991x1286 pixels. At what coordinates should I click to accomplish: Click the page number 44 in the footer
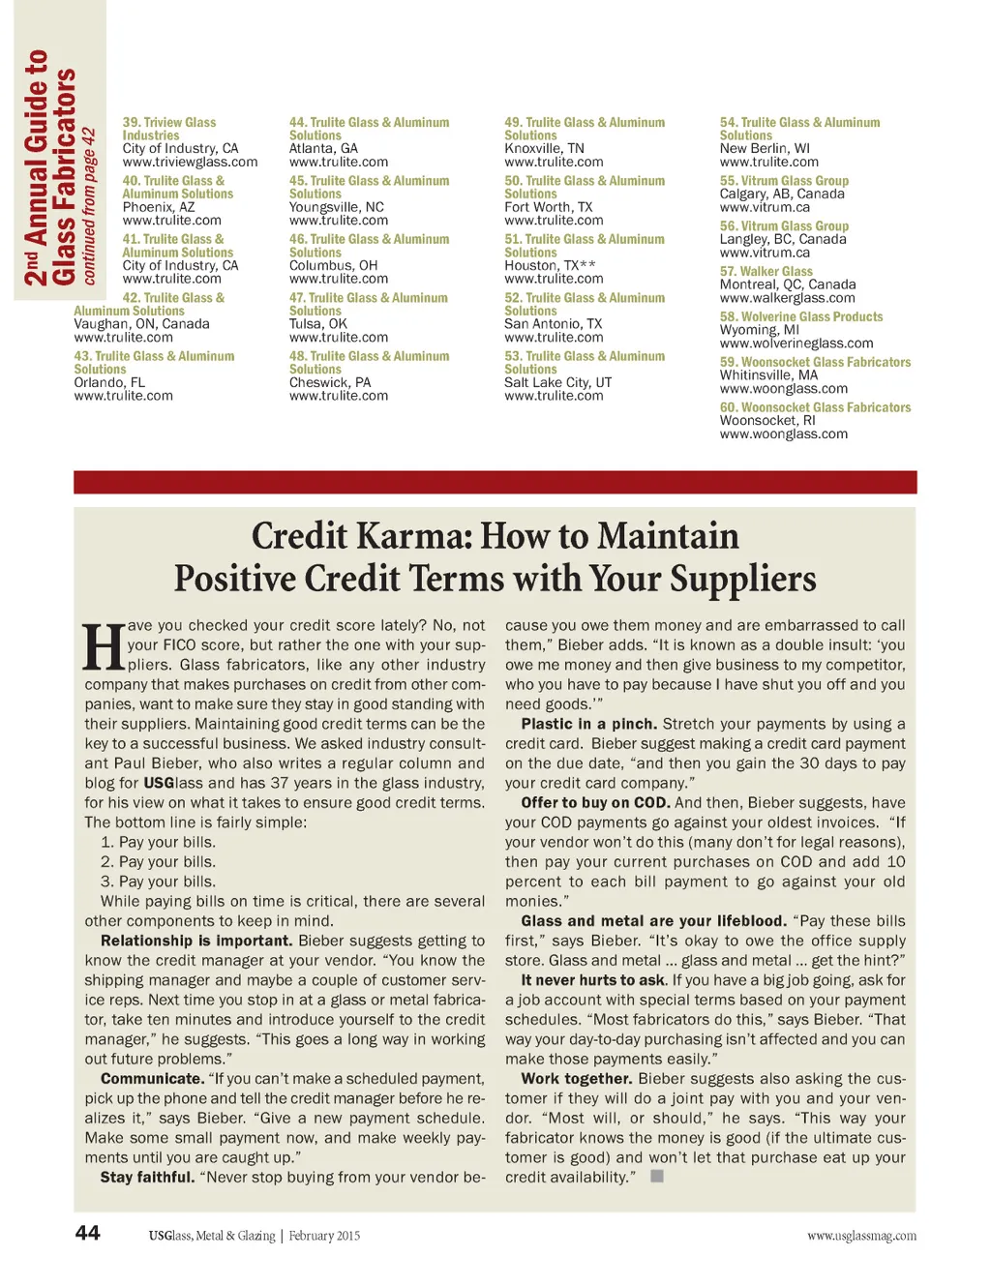pos(88,1233)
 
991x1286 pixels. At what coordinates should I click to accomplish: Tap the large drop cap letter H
pos(103,648)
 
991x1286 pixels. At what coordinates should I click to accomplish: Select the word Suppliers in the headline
pos(742,579)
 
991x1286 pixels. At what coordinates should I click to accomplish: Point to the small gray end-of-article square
pos(657,1177)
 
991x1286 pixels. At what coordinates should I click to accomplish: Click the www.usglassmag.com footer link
pos(861,1236)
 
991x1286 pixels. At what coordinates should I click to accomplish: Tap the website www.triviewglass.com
pos(190,163)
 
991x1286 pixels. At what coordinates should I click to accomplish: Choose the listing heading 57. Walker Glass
pos(766,272)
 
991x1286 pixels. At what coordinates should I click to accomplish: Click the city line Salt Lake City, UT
pos(557,383)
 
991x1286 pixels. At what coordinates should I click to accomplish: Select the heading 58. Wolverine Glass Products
pos(800,317)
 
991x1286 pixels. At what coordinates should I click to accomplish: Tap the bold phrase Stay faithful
pos(147,1178)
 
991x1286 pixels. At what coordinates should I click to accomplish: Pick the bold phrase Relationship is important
pos(195,941)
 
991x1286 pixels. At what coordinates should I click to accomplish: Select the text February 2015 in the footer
pos(324,1236)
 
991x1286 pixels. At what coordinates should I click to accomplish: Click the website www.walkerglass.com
pos(787,298)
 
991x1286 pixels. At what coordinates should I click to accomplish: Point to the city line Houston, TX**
pos(550,266)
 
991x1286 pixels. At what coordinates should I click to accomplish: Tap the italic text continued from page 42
pos(89,206)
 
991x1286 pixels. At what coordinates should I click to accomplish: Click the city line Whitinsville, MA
pos(768,375)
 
